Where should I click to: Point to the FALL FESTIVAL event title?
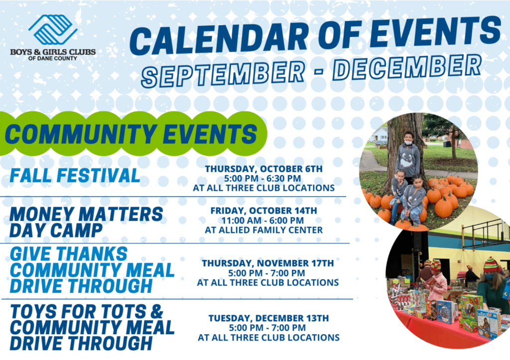(75, 176)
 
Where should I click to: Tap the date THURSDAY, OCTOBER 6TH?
(263, 169)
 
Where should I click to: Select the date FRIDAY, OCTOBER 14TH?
(263, 211)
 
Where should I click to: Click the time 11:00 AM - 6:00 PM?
(263, 220)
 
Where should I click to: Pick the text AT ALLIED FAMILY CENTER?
(263, 230)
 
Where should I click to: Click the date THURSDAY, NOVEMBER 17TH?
(267, 263)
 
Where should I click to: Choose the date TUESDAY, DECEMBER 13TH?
(268, 318)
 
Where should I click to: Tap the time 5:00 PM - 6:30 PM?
(263, 179)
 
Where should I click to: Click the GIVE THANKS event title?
(92, 269)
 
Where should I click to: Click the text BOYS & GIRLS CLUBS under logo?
(53, 52)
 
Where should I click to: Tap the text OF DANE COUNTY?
(53, 58)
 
